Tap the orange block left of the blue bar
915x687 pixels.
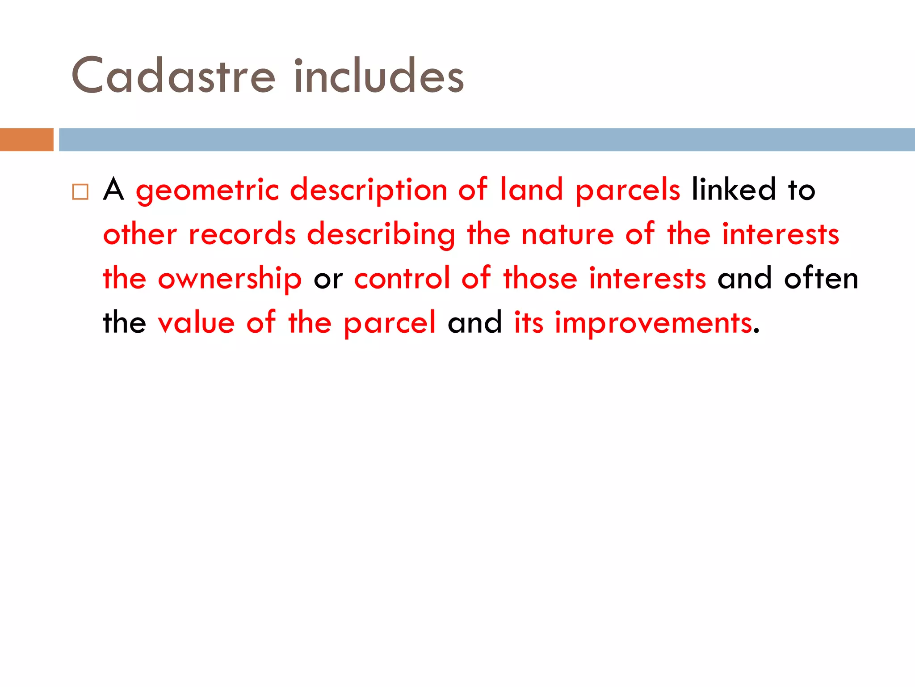[x=26, y=140]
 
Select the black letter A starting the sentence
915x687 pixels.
[x=113, y=190]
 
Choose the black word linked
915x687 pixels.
[x=734, y=190]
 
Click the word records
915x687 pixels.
[x=242, y=234]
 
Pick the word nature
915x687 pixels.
[x=567, y=234]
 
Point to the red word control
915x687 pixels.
[x=402, y=278]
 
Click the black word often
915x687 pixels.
[x=821, y=278]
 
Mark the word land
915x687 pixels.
[x=531, y=190]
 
